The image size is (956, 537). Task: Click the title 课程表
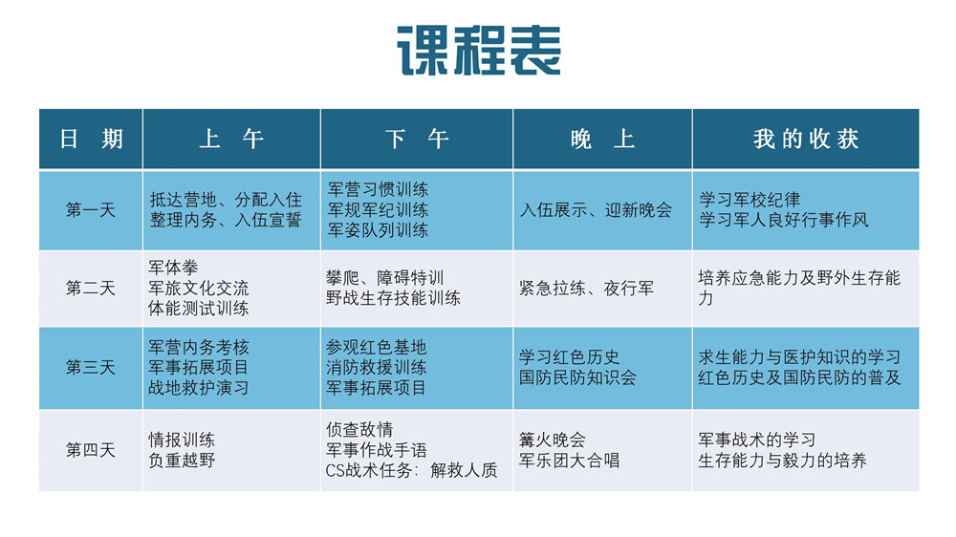pos(478,51)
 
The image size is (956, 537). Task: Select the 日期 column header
pos(91,140)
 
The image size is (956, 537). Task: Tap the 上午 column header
pos(231,140)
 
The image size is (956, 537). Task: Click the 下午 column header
pos(417,140)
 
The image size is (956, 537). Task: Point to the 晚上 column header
pos(602,140)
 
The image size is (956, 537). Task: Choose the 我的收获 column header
pos(805,140)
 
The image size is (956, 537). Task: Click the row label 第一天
pos(91,210)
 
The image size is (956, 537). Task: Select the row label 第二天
pos(91,288)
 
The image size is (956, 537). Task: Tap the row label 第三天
pos(91,368)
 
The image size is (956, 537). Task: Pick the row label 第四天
pos(91,450)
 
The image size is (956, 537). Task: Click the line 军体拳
pos(174,267)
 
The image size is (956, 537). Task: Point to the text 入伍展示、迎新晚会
pos(596,210)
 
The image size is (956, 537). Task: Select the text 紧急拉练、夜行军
pos(586,288)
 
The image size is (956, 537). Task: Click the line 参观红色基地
pos(376,347)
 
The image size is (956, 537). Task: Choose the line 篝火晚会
pos(552,440)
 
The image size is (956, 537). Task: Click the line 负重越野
pos(182,461)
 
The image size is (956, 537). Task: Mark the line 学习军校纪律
pos(750,200)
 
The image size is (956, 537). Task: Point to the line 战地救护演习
pos(199,388)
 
